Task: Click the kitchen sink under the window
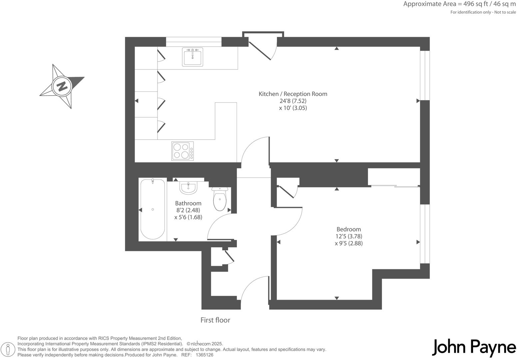coord(192,57)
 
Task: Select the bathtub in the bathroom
coord(153,209)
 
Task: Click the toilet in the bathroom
coord(220,199)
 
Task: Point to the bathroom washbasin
coord(189,187)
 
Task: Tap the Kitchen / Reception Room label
coord(293,94)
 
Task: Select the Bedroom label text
coord(348,229)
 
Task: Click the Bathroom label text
coord(188,203)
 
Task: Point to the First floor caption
coord(215,320)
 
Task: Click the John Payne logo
coord(474,348)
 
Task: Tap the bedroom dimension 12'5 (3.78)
coord(348,236)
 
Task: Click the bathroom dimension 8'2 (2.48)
coord(188,210)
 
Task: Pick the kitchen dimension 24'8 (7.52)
coord(293,101)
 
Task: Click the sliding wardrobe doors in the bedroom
coord(395,186)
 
